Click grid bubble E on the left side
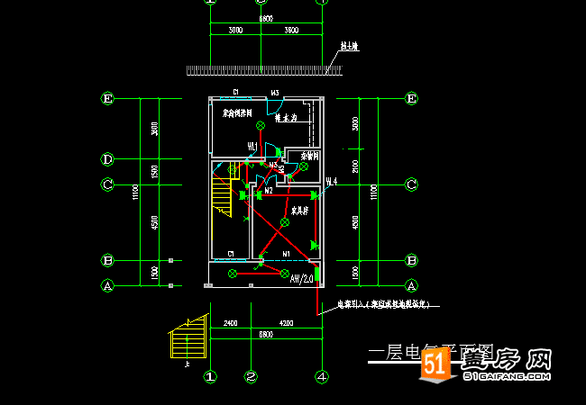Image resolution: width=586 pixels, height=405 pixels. pos(107,99)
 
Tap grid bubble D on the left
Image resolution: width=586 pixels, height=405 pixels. pos(107,159)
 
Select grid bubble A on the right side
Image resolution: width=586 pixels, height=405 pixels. pos(411,285)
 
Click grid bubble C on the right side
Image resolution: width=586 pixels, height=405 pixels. pos(411,184)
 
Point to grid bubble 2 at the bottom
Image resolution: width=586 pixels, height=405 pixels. pos(252,376)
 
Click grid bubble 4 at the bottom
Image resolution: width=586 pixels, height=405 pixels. pos(321,376)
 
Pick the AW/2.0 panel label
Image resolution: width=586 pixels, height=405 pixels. pos(301,279)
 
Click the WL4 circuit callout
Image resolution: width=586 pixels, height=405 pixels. pos(331,182)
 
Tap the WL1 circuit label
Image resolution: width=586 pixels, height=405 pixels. pos(253,146)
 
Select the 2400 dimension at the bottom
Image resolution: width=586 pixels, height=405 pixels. pos(230,322)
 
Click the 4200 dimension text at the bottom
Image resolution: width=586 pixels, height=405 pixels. pos(286,322)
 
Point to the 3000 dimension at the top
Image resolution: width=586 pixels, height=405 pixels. pos(235,31)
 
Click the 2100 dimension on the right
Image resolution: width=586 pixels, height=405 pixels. pos(356,166)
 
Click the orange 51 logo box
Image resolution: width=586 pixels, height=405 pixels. pos(435,364)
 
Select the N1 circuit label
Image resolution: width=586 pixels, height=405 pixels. pos(286,255)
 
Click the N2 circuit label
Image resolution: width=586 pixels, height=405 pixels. pos(268,191)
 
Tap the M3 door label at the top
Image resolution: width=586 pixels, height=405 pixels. pos(275,93)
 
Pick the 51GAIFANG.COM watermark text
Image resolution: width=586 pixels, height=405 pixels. pos(507,378)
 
